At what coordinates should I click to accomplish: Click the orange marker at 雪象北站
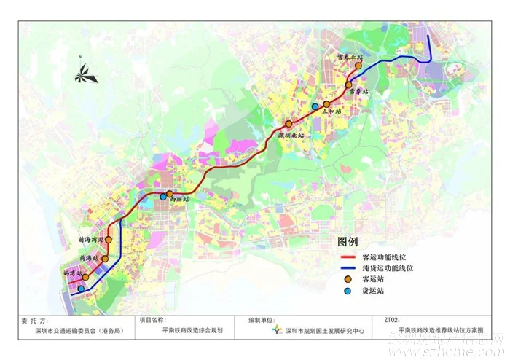(358, 66)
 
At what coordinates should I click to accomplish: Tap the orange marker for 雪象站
(349, 85)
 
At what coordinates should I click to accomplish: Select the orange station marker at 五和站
(327, 104)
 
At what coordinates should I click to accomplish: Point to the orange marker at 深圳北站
(289, 124)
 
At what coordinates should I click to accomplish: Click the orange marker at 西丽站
(170, 195)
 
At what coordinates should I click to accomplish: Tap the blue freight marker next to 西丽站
(163, 196)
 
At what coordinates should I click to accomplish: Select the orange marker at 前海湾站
(109, 239)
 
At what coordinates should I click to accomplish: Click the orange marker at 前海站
(105, 258)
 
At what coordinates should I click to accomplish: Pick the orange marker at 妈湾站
(85, 277)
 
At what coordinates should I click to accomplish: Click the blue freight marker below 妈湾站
(81, 289)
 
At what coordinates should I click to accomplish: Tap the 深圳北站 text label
(291, 136)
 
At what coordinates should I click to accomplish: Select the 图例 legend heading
(348, 241)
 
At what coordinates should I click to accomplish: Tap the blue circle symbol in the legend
(348, 291)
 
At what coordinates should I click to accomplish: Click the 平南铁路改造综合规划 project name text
(187, 331)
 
